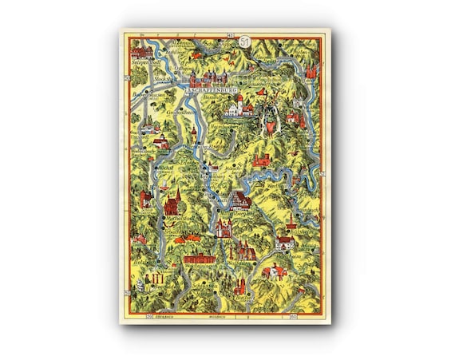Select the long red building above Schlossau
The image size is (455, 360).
click(199, 259)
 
